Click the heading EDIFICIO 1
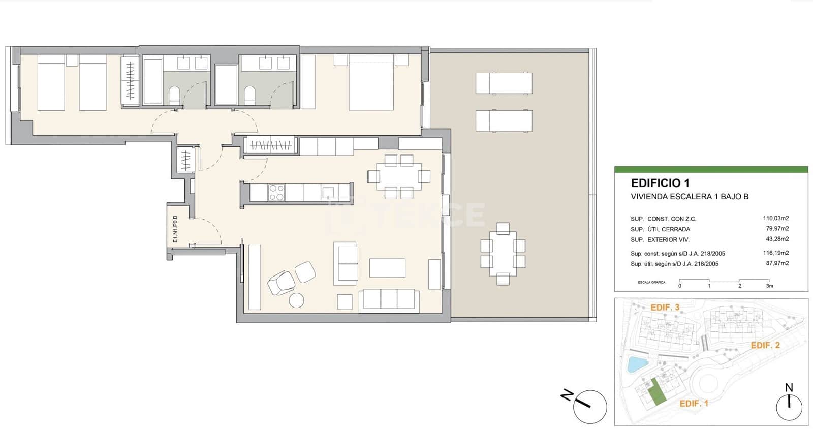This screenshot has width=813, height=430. click(x=660, y=183)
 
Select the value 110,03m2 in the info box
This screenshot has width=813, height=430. click(x=775, y=219)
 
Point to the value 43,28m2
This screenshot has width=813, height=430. click(x=777, y=239)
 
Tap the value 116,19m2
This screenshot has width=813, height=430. click(x=775, y=253)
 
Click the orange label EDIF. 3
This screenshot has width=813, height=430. click(x=665, y=308)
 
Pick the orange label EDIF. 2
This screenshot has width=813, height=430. click(x=765, y=345)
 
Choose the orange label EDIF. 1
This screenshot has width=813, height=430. click(x=694, y=403)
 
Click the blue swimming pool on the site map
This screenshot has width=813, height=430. click(x=634, y=364)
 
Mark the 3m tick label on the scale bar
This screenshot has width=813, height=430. click(x=769, y=286)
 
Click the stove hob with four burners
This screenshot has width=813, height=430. click(x=276, y=193)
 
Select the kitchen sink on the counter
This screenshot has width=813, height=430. click(x=328, y=193)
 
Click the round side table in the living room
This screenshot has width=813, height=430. click(x=296, y=300)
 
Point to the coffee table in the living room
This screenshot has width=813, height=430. click(x=387, y=268)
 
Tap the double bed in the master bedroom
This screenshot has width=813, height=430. click(x=371, y=84)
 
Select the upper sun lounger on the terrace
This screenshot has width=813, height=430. click(x=504, y=83)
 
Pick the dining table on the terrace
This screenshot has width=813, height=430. click(x=503, y=254)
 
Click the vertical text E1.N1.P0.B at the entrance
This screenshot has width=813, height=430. click(x=175, y=229)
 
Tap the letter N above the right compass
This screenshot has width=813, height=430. click(x=789, y=388)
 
